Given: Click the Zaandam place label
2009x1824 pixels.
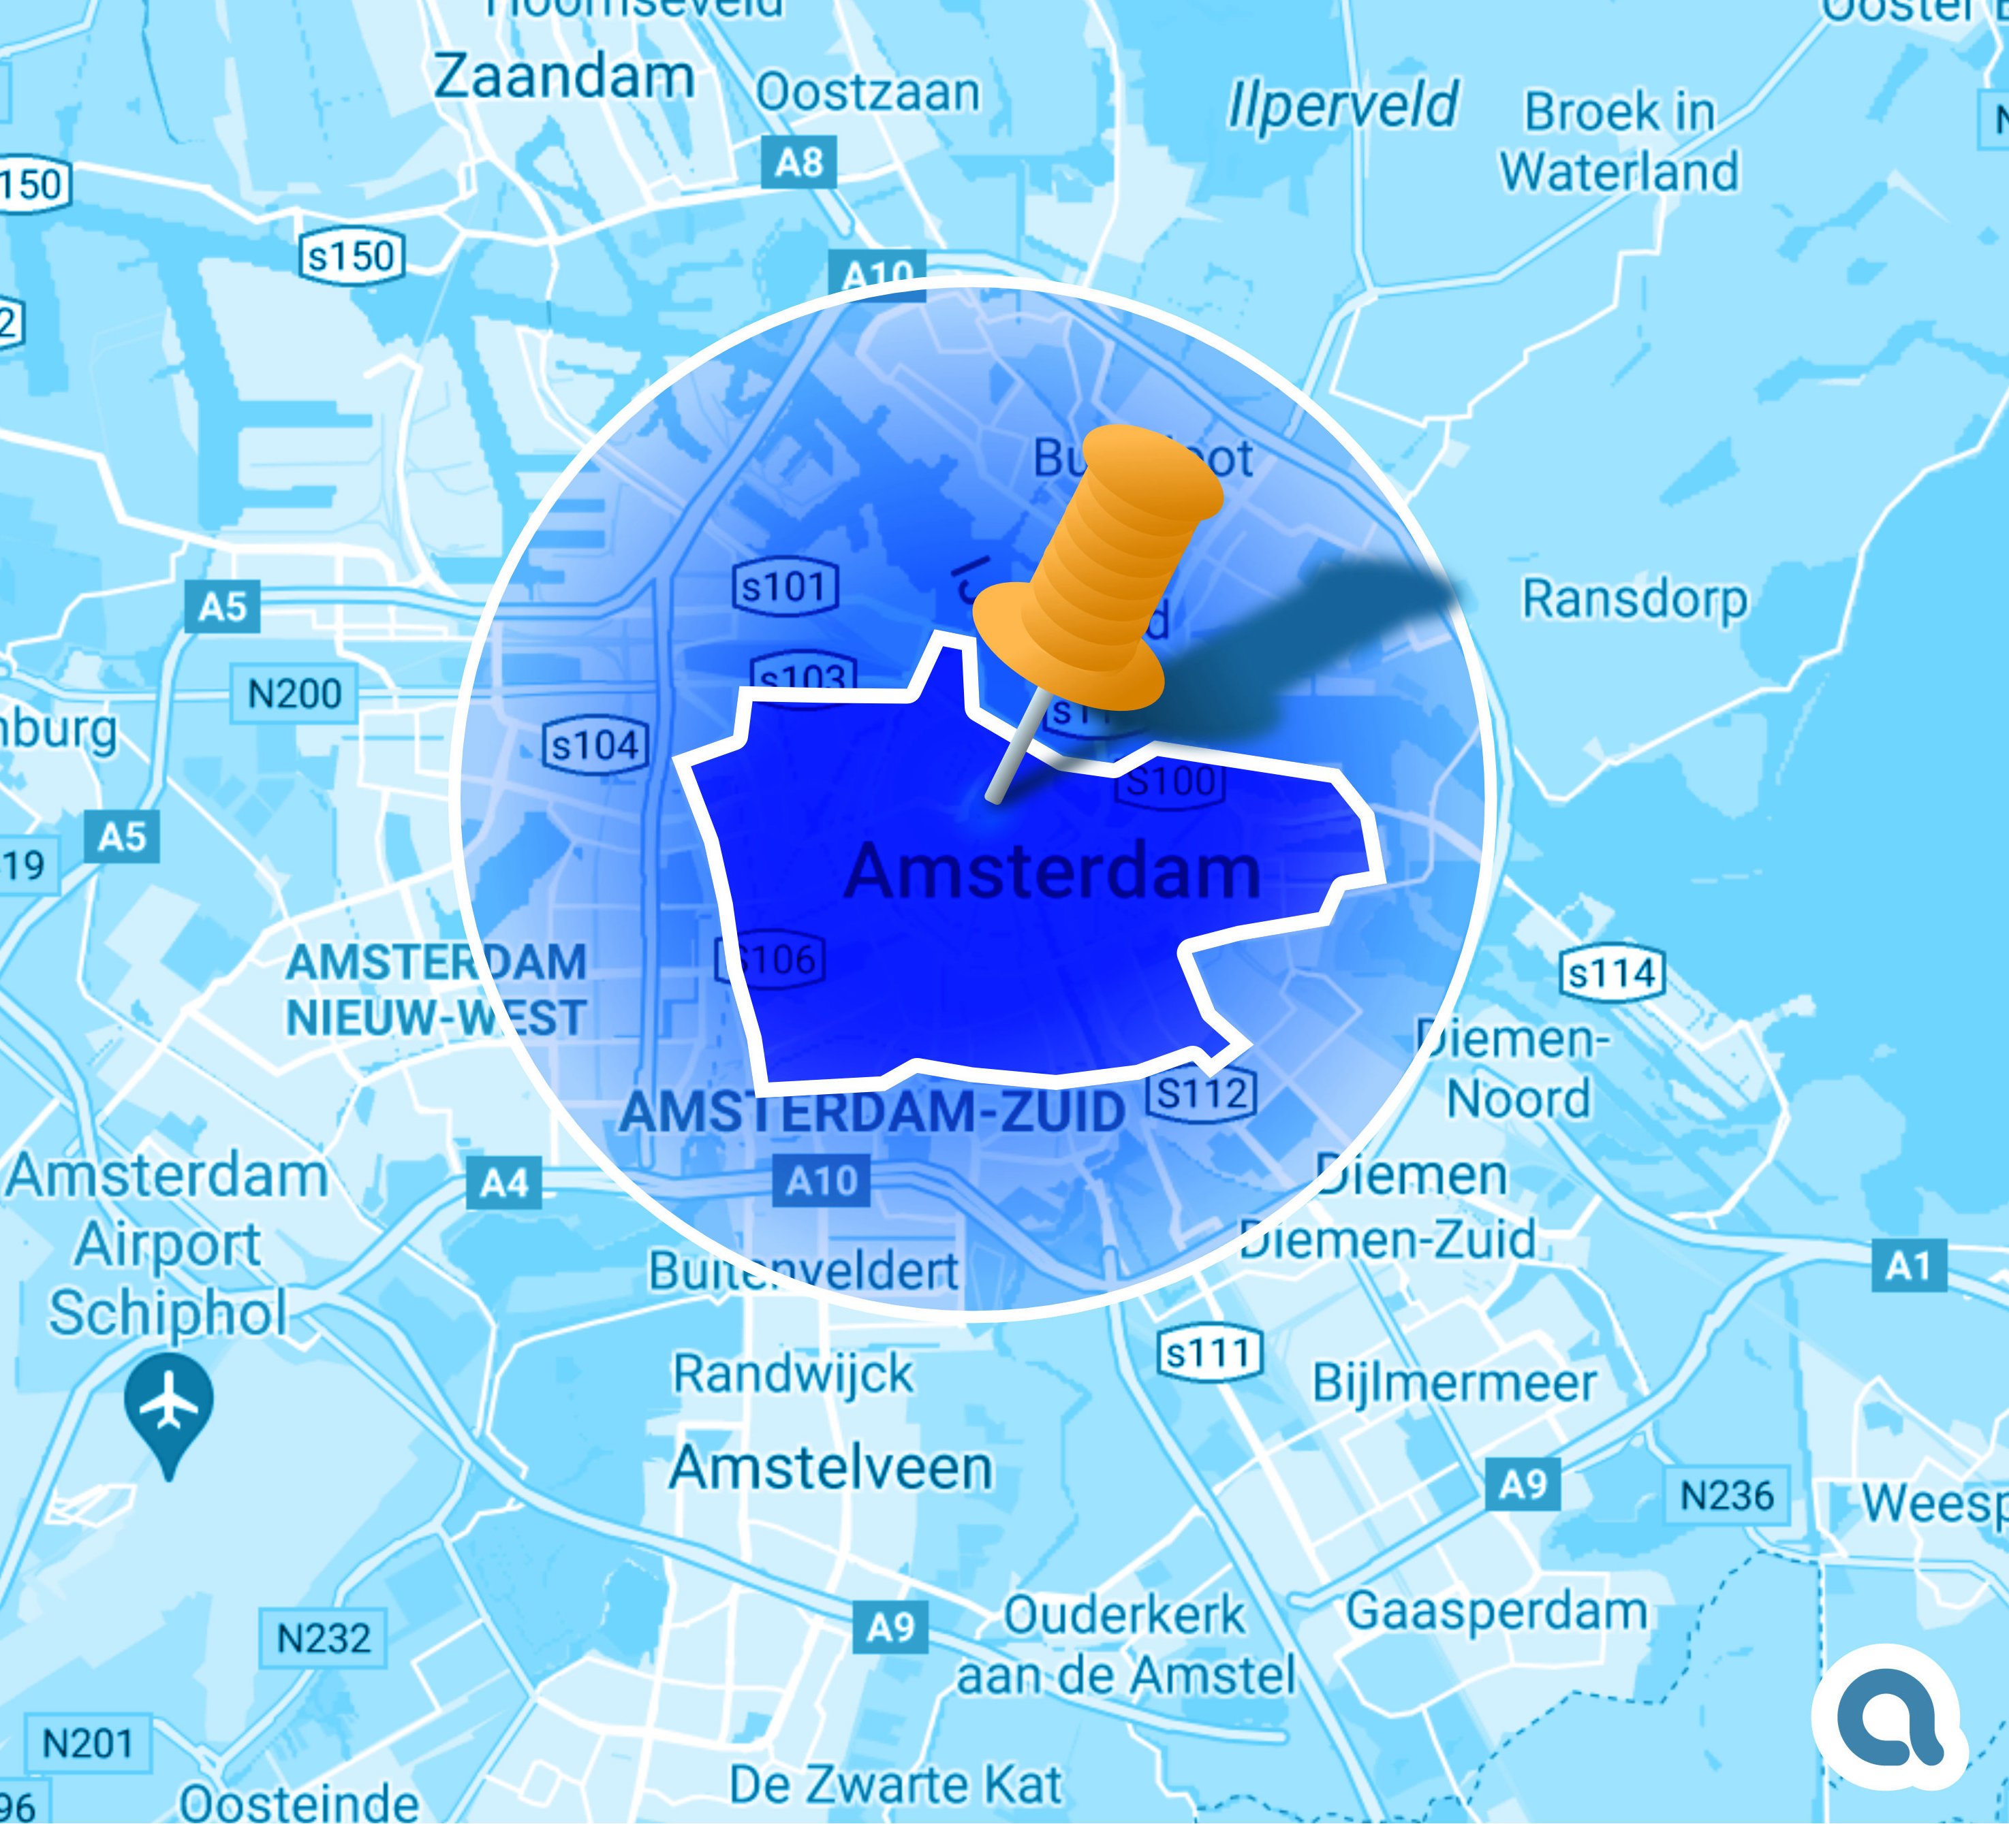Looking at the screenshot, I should [x=564, y=77].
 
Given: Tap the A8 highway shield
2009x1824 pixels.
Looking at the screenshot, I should [x=798, y=161].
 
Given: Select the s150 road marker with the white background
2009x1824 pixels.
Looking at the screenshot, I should [x=352, y=256].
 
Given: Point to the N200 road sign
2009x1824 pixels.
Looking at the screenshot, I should [x=294, y=693].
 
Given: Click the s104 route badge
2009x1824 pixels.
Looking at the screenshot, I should [x=595, y=745].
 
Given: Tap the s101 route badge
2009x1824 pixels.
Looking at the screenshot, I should [x=785, y=587].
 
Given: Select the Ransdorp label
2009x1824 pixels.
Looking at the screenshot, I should [x=1634, y=600].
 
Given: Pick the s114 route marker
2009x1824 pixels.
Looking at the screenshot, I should [x=1611, y=973].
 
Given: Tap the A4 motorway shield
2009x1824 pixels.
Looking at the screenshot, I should [x=504, y=1183].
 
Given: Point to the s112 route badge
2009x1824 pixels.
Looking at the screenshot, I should [x=1202, y=1094].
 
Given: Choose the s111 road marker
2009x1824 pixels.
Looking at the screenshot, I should [x=1209, y=1354].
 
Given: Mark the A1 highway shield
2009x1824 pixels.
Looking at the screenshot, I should [x=1908, y=1266].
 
